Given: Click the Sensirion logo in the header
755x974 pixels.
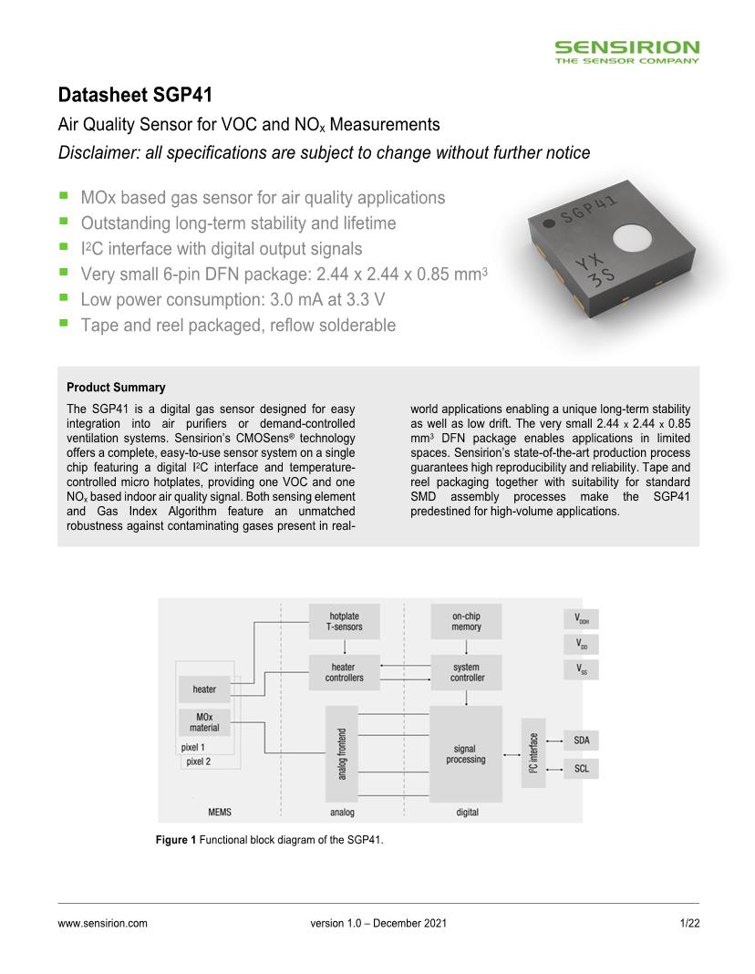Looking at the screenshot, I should pyautogui.click(x=627, y=51).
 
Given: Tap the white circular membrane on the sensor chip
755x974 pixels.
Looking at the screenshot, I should pyautogui.click(x=631, y=239).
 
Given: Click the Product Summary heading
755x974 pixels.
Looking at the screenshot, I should pyautogui.click(x=116, y=388).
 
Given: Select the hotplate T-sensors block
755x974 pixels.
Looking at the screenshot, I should pyautogui.click(x=345, y=622).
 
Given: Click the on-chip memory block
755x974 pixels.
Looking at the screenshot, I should pyautogui.click(x=466, y=622).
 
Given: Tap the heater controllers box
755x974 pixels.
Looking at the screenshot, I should pyautogui.click(x=345, y=673).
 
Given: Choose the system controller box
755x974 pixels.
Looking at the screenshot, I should pyautogui.click(x=467, y=673).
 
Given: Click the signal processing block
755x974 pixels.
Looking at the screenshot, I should pyautogui.click(x=466, y=753).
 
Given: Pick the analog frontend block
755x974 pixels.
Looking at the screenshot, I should pyautogui.click(x=342, y=753).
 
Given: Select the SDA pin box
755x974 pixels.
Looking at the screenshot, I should pyautogui.click(x=581, y=740).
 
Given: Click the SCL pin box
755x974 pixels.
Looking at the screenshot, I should pyautogui.click(x=581, y=769).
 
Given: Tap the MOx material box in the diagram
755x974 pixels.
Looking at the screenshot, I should pyautogui.click(x=204, y=723).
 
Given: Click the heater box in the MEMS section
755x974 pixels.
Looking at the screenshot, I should pyautogui.click(x=204, y=689).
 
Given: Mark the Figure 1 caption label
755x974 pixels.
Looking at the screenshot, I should pyautogui.click(x=176, y=840).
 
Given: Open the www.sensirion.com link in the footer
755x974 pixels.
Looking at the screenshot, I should pyautogui.click(x=102, y=924).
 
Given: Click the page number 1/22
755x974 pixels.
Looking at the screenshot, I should pyautogui.click(x=689, y=924).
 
